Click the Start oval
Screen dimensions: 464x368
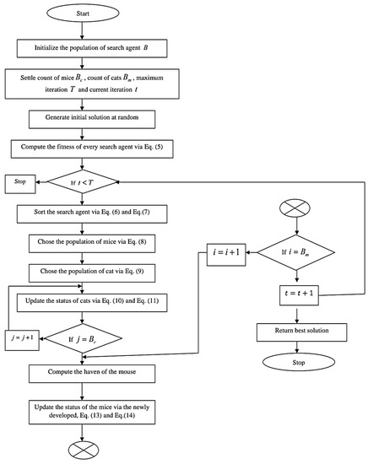point(82,13)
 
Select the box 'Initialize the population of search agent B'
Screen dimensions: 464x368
point(82,48)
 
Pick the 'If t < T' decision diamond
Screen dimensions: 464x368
point(82,181)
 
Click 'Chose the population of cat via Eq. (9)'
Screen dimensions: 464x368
point(82,272)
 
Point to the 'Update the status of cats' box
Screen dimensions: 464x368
point(82,302)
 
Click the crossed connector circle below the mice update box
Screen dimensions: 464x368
point(82,447)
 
